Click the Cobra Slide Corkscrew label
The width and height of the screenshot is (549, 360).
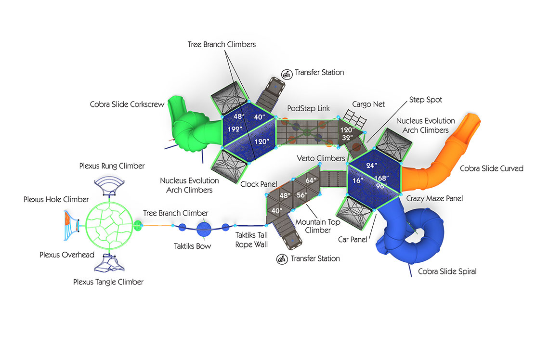coord(127,104)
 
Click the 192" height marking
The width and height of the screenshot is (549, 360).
coord(235,129)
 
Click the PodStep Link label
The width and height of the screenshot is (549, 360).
coord(308,108)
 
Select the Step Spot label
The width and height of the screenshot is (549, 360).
coord(426,100)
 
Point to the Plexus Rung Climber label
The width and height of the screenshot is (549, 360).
coord(112,166)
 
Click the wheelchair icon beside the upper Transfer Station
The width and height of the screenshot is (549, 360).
coord(286,74)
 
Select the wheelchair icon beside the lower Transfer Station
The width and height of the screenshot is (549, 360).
coord(282,259)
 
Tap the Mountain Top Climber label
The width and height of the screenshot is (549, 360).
coord(318,226)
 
